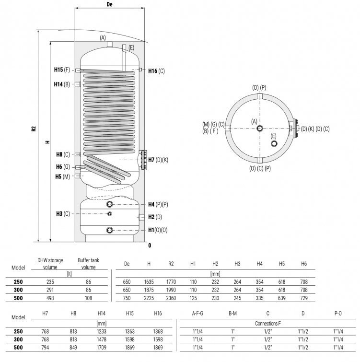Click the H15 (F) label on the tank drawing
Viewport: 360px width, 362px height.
pos(62,70)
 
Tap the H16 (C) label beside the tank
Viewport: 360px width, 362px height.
pos(156,71)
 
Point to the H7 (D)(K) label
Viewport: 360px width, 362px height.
pos(158,160)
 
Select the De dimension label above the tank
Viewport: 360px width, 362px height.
pos(110,4)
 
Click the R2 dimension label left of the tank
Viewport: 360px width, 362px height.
pos(34,128)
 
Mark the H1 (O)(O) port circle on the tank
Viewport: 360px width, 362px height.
pos(110,230)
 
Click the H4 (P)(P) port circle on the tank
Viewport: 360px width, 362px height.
pos(110,204)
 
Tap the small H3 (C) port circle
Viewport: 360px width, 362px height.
pos(110,214)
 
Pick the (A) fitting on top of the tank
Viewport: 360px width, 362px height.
pos(110,44)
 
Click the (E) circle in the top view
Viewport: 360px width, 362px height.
pos(274,143)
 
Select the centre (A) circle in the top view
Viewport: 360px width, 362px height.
pos(260,128)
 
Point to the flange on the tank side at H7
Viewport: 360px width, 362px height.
pos(143,160)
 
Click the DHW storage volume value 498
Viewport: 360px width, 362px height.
pos(50,298)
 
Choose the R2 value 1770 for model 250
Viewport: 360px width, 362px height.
pos(171,282)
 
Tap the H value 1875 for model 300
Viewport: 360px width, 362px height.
pos(149,290)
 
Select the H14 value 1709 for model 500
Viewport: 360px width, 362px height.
pos(102,348)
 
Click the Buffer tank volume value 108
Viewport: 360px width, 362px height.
pos(88,298)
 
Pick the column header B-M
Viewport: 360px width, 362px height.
pos(232,313)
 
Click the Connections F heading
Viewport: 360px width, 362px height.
pos(267,324)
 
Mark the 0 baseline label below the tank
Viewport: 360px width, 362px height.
pos(150,245)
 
